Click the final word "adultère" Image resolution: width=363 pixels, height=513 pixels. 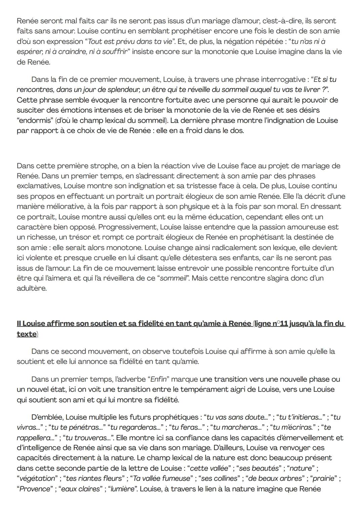(32, 288)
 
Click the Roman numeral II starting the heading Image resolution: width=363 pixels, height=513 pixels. (19, 324)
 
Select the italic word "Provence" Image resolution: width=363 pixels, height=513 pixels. (35, 489)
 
